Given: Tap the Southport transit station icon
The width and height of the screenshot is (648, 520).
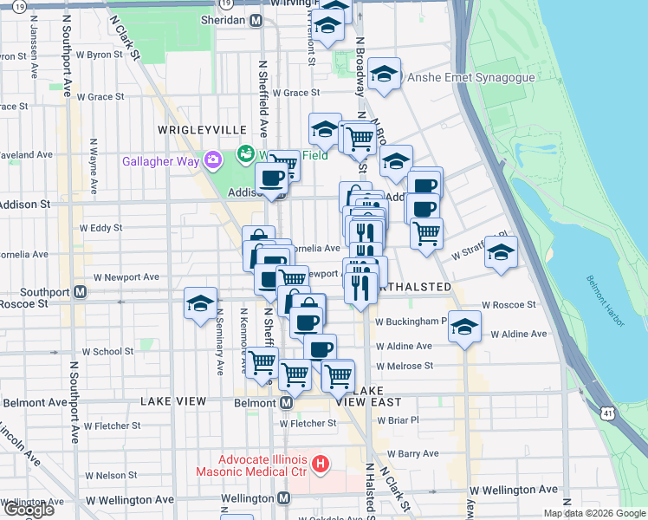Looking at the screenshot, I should tap(80, 291).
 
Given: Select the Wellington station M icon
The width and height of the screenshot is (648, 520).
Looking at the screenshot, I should tap(284, 499).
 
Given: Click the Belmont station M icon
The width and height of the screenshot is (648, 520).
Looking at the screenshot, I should tap(285, 403).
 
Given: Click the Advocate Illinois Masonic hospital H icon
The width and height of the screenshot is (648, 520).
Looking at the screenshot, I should tap(321, 465).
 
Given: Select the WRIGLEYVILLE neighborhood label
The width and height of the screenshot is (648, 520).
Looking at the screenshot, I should tap(202, 129).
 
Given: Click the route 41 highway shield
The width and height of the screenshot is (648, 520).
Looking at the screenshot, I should tap(609, 414).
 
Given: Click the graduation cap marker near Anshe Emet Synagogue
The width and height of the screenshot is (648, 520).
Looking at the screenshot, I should tap(383, 75).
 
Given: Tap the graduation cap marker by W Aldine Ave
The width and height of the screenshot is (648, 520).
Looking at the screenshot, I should tap(465, 327).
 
